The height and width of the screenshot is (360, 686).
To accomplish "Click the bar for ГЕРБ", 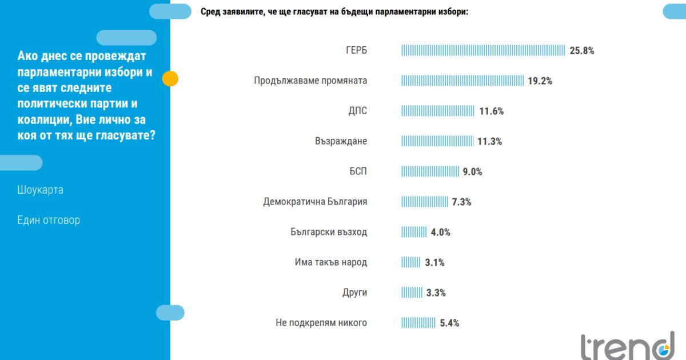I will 483,50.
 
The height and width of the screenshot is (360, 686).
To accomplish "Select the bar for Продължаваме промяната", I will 462,81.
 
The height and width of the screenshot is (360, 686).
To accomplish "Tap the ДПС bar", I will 438,111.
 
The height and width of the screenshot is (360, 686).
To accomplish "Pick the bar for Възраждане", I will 437,141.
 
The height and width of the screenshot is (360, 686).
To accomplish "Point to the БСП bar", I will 430,171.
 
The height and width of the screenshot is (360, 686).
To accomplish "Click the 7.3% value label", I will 461,202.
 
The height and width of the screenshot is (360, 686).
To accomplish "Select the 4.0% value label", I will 441,232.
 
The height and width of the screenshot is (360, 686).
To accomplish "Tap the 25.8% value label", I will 582,50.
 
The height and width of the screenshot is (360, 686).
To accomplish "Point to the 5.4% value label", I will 449,323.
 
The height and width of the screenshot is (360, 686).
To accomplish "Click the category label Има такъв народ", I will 331,262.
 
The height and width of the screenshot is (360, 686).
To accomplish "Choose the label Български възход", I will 329,232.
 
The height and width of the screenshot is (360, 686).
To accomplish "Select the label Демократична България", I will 315,202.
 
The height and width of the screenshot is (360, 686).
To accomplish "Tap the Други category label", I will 354,293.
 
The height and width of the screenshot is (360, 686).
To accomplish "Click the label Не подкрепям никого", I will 321,323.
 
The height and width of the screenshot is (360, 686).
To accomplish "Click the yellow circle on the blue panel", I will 170,78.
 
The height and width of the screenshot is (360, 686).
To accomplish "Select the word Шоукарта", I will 40,190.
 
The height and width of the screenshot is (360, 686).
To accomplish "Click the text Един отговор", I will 49,220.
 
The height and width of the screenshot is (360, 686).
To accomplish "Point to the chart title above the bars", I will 334,11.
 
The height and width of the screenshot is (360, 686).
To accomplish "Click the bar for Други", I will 412,293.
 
